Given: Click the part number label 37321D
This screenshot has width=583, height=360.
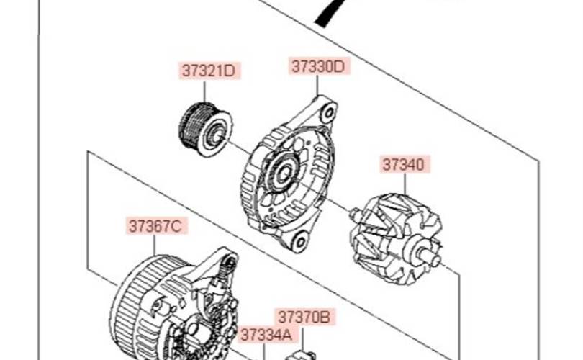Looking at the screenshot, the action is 209,71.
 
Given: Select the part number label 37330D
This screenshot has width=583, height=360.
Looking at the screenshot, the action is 319,66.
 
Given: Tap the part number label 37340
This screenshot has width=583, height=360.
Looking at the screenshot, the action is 405,164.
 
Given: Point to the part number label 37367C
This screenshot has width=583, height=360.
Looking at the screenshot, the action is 155,226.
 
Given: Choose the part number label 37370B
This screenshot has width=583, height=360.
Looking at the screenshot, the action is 304,318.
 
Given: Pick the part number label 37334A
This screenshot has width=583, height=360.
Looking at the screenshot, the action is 266,335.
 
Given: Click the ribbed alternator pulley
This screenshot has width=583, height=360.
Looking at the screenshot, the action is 206,129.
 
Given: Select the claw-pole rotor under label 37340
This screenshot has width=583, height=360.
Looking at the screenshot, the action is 396,239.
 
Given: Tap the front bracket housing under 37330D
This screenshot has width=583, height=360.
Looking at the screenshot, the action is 290,173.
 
